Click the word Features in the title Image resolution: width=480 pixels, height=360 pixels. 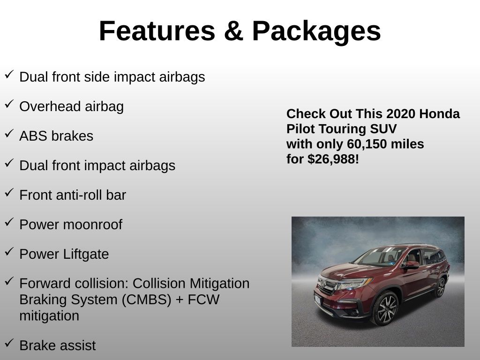coord(157,31)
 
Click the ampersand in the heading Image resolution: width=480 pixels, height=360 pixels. coord(233,31)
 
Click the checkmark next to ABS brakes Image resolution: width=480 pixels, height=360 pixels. coord(9,133)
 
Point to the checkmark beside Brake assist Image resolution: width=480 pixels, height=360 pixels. coord(9,343)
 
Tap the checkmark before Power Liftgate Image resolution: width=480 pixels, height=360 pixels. coord(9,251)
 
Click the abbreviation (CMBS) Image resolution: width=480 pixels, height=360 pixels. coord(146,300)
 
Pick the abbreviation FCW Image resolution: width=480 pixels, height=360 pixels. coord(203,300)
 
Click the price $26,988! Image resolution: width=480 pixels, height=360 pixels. coord(333,159)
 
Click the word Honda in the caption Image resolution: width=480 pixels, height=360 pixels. coord(439,114)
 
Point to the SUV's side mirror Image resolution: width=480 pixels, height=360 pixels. coord(411,265)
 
